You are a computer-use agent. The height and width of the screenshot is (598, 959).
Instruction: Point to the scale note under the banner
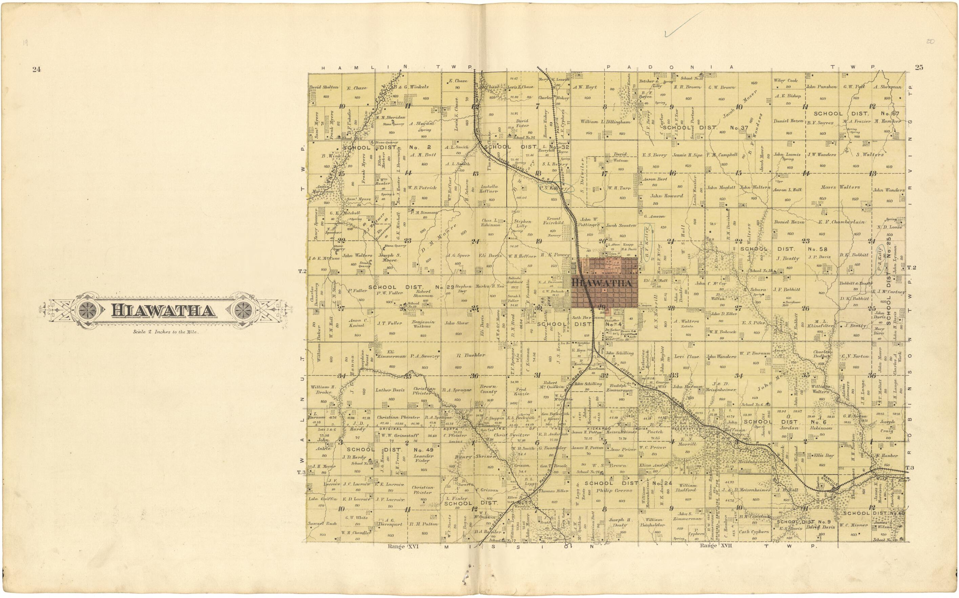coord(165,332)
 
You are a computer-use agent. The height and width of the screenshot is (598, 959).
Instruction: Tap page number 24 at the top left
coord(37,69)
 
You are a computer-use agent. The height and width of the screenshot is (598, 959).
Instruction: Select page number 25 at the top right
coord(919,67)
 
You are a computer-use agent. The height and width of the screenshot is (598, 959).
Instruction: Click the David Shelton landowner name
coord(324,87)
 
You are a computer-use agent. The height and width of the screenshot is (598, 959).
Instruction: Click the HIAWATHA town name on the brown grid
coord(604,283)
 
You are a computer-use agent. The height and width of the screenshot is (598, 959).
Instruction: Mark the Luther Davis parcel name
coord(390,390)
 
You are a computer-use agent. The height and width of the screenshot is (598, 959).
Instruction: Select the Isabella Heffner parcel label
coord(489,189)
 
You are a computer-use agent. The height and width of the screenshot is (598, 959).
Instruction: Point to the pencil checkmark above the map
coord(683,24)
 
